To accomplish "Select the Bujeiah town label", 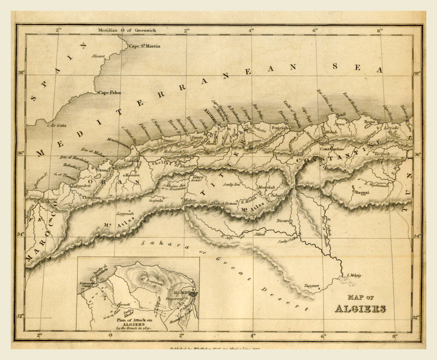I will point(280,127).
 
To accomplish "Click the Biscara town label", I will point(285,221).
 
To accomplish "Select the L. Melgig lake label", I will point(354,275).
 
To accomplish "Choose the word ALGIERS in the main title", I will point(360,309).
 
